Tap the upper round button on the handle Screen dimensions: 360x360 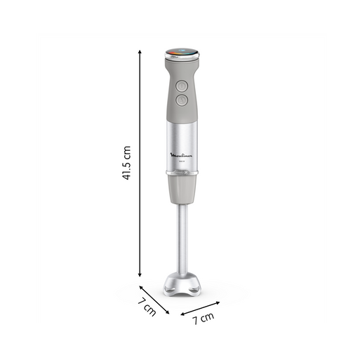pyautogui.click(x=181, y=85)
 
